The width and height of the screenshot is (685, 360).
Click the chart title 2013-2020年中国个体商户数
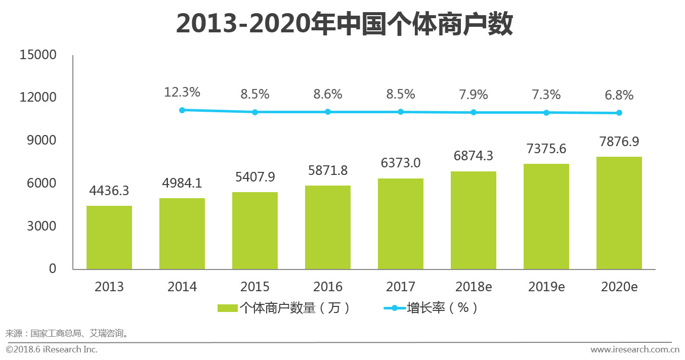344,24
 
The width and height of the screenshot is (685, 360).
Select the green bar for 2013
109,238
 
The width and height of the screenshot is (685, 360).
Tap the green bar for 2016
328,228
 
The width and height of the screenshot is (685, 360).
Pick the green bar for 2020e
619,213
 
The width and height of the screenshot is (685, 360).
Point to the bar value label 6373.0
401,163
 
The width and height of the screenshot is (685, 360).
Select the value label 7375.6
546,149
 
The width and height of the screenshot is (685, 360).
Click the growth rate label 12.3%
182,93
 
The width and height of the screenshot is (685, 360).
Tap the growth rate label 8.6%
328,94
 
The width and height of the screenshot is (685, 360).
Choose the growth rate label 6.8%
619,96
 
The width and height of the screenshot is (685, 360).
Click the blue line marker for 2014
182,110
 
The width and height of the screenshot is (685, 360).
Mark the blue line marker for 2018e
474,112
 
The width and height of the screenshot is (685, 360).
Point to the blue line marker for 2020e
619,113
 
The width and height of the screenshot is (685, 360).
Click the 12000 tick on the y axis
38,97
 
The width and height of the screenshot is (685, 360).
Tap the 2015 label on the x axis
255,287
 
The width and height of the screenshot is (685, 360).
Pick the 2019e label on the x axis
546,287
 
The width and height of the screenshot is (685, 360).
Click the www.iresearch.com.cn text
634,349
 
